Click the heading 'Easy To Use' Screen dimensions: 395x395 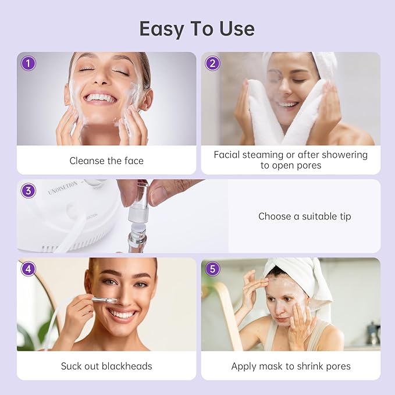pos(197,29)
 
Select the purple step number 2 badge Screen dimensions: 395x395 pos(212,63)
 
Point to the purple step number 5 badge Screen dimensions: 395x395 pos(212,269)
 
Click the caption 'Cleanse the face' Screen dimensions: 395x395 pos(106,161)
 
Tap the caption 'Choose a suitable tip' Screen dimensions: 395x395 pos(304,216)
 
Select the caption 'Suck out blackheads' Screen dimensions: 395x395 pos(106,366)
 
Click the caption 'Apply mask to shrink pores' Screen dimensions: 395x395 pos(291,366)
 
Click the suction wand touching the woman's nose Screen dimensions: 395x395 pos(101,300)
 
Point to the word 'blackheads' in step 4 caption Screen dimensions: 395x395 pos(129,366)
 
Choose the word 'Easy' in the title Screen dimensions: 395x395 pos(158,29)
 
